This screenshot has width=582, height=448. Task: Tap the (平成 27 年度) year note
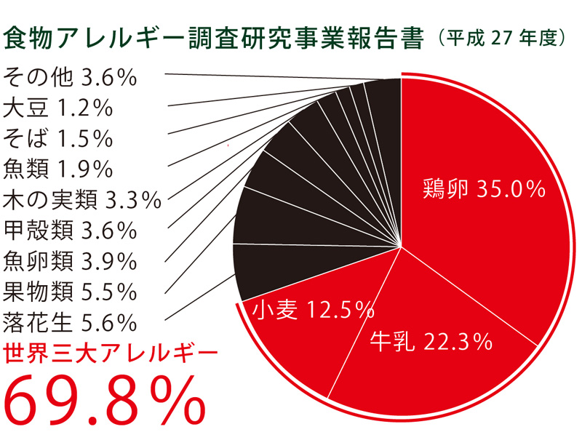click(x=501, y=39)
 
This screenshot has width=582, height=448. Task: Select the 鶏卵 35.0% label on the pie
click(x=483, y=190)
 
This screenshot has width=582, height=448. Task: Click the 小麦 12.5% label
click(x=311, y=311)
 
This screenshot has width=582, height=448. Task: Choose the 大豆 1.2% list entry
click(x=57, y=108)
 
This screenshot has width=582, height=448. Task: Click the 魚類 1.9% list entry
click(x=58, y=169)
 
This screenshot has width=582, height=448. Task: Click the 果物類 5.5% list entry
click(x=70, y=291)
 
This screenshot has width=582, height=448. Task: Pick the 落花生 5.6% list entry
click(x=70, y=321)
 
